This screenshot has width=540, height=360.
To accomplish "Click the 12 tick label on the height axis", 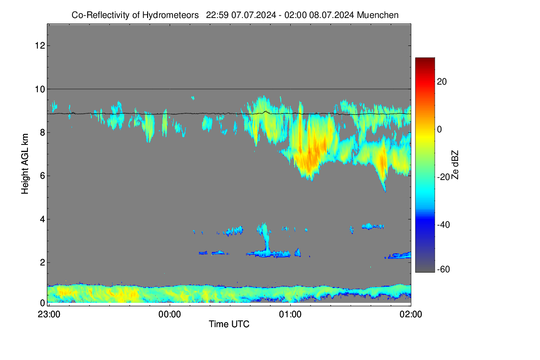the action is [x=40, y=45].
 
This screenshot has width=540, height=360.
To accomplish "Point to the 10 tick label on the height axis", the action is [x=40, y=89].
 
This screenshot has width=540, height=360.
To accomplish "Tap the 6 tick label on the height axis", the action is [x=42, y=176].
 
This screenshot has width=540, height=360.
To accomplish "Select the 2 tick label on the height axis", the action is [x=42, y=262].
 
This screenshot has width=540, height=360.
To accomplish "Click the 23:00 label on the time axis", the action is [x=49, y=315].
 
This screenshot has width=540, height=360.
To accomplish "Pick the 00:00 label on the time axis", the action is [x=170, y=315].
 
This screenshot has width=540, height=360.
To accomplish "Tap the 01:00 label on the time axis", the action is [x=290, y=315].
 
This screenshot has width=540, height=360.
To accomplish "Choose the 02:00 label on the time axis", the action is [x=411, y=315].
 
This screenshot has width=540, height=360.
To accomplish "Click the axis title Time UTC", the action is [x=229, y=324].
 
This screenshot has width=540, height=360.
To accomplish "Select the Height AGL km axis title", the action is [x=25, y=164].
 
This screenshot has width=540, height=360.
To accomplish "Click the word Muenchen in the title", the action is [x=378, y=15].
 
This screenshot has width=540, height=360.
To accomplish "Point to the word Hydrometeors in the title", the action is [x=171, y=15].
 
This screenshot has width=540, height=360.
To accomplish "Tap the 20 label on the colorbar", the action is [x=442, y=82].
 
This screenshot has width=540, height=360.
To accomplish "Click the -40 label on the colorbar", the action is [x=444, y=225].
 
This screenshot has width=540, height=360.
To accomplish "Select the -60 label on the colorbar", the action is [x=444, y=269].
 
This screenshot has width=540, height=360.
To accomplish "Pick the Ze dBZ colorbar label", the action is [x=454, y=165].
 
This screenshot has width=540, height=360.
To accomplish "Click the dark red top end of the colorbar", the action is [x=425, y=59].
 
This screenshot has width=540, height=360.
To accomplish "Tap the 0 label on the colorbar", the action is [x=440, y=130].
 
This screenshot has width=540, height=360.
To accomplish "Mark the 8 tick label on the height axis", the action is [x=42, y=132].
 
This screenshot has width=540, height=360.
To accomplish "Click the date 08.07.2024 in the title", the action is [x=332, y=15].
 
